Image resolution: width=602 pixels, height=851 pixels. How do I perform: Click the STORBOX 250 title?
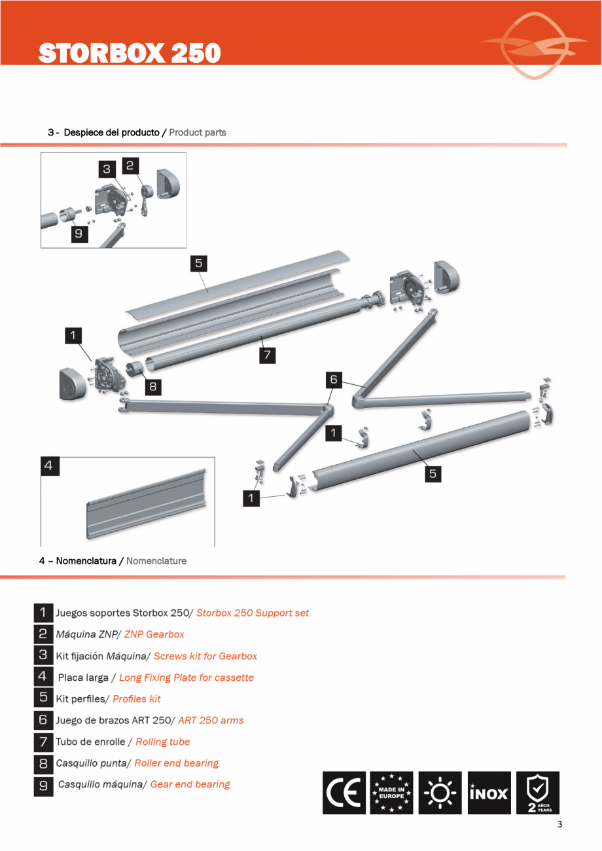tap(129, 54)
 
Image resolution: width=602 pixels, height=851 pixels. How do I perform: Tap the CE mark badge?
tap(344, 793)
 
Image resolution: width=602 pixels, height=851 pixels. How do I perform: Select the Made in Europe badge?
tap(391, 793)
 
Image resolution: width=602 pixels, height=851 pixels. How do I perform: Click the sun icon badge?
tap(440, 793)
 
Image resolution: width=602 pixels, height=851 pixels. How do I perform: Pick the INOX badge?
tap(489, 793)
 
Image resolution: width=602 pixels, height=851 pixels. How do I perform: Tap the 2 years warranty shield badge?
tap(538, 793)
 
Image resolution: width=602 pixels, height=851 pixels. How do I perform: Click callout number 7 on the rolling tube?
tap(266, 355)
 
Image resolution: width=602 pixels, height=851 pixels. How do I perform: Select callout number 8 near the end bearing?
tap(152, 386)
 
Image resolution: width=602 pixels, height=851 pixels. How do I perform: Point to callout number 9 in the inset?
tap(79, 234)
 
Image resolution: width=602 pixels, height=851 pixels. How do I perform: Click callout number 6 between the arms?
tap(334, 379)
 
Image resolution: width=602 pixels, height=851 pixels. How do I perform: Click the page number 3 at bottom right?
tap(559, 824)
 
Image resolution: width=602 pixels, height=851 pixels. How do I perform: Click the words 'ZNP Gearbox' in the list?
tap(154, 634)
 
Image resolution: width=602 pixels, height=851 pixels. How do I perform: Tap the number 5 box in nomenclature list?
tap(43, 698)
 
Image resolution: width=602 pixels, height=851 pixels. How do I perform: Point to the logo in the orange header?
tap(535, 45)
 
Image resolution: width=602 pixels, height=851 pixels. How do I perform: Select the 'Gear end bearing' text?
tap(190, 784)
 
